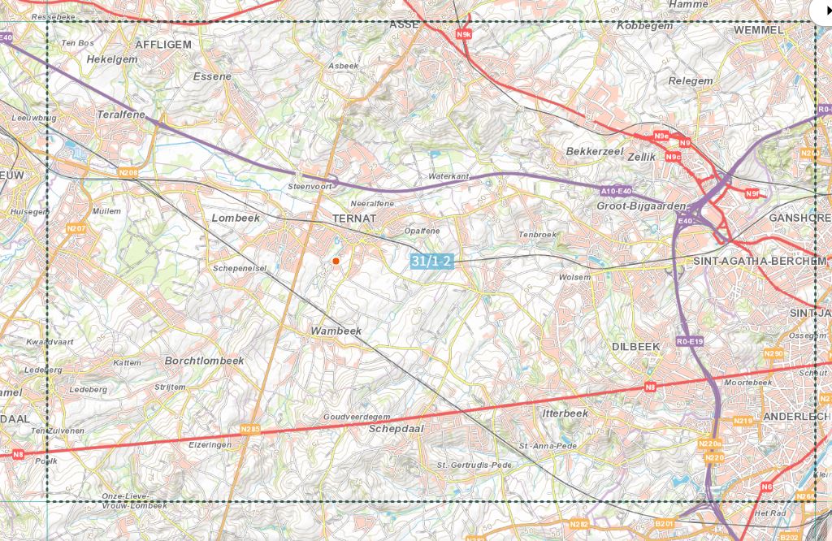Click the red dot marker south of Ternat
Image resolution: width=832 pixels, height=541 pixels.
click(x=336, y=261)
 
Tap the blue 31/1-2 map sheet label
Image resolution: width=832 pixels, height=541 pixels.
click(x=431, y=261)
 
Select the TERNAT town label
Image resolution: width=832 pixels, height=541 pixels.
click(x=354, y=219)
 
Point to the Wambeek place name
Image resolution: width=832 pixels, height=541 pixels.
click(x=336, y=331)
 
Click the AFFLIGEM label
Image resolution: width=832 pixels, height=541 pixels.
click(x=163, y=45)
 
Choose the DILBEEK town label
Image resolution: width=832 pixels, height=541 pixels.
click(x=635, y=346)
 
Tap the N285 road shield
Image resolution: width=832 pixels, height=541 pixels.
click(x=250, y=429)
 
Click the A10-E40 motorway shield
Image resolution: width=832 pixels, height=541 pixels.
click(x=616, y=191)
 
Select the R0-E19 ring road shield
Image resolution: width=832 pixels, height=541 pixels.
click(x=690, y=342)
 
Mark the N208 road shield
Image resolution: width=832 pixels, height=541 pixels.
click(x=128, y=172)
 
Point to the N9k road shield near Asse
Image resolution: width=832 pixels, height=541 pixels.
click(x=463, y=34)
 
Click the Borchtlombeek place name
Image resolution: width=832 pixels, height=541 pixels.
click(x=204, y=361)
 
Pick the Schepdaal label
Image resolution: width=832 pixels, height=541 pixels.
click(x=396, y=428)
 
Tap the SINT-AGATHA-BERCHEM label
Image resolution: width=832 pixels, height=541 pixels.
click(x=760, y=261)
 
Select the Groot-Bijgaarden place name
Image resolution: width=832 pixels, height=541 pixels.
click(x=641, y=206)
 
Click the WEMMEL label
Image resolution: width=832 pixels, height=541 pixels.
click(x=758, y=30)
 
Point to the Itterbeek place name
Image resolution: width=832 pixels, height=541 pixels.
click(x=564, y=413)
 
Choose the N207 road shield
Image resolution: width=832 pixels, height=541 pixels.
click(x=76, y=228)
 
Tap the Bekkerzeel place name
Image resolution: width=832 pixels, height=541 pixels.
click(x=594, y=152)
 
